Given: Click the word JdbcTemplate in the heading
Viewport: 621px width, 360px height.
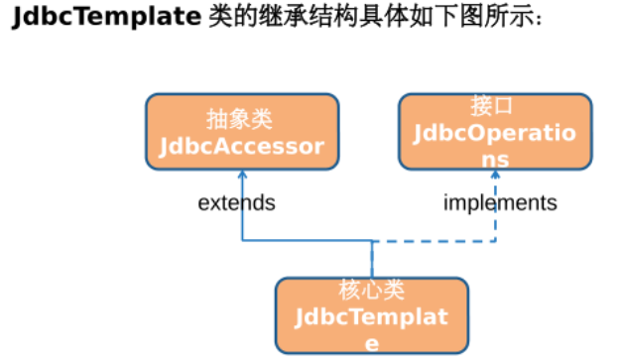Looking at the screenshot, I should pos(107,19).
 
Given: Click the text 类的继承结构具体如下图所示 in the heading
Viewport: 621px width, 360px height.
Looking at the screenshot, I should pos(377,19).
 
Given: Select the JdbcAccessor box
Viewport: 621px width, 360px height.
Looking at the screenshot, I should pos(242,132).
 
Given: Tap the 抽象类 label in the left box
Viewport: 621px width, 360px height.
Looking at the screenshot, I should pos(240,119).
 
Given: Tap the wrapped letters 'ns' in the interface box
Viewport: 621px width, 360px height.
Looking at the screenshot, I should pos(493,158).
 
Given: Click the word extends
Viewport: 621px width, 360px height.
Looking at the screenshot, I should pos(236,203).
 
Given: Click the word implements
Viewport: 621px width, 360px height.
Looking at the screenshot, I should pos(500,203).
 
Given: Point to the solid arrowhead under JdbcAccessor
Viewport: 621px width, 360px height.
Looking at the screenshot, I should pos(242,176).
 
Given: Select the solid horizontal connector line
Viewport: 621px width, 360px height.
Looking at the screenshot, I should pos(307,241).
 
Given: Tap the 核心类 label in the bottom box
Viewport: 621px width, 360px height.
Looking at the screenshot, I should pos(372,290).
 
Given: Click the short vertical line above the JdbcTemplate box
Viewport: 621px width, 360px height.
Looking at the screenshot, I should pos(372,260).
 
